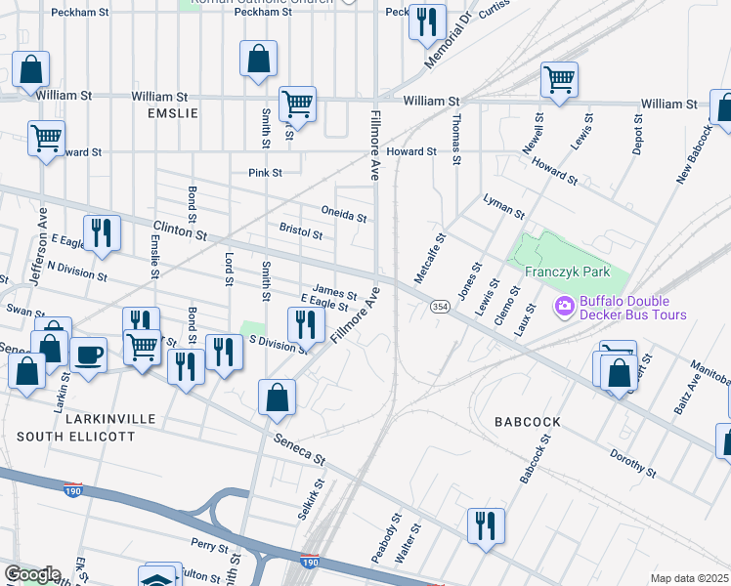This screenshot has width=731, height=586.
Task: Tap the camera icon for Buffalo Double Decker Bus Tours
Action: pyautogui.click(x=564, y=308)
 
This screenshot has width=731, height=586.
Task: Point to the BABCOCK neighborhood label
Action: pyautogui.click(x=527, y=422)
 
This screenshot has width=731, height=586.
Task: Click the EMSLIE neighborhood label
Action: pyautogui.click(x=172, y=113)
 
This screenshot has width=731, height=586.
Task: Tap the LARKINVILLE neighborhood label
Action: pyautogui.click(x=110, y=418)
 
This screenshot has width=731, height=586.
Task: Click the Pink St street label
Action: pyautogui.click(x=264, y=173)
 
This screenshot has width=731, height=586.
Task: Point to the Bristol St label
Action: pyautogui.click(x=301, y=233)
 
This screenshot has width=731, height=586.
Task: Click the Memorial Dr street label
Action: pyautogui.click(x=448, y=43)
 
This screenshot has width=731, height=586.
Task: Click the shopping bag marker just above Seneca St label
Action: pyautogui.click(x=278, y=397)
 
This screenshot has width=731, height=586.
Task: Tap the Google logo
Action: pyautogui.click(x=32, y=574)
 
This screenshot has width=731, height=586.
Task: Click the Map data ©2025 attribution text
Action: pyautogui.click(x=689, y=578)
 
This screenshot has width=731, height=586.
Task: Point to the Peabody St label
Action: pyautogui.click(x=386, y=538)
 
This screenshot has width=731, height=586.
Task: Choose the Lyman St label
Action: pyautogui.click(x=503, y=206)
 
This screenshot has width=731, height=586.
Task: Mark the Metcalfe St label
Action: pyautogui.click(x=430, y=258)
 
